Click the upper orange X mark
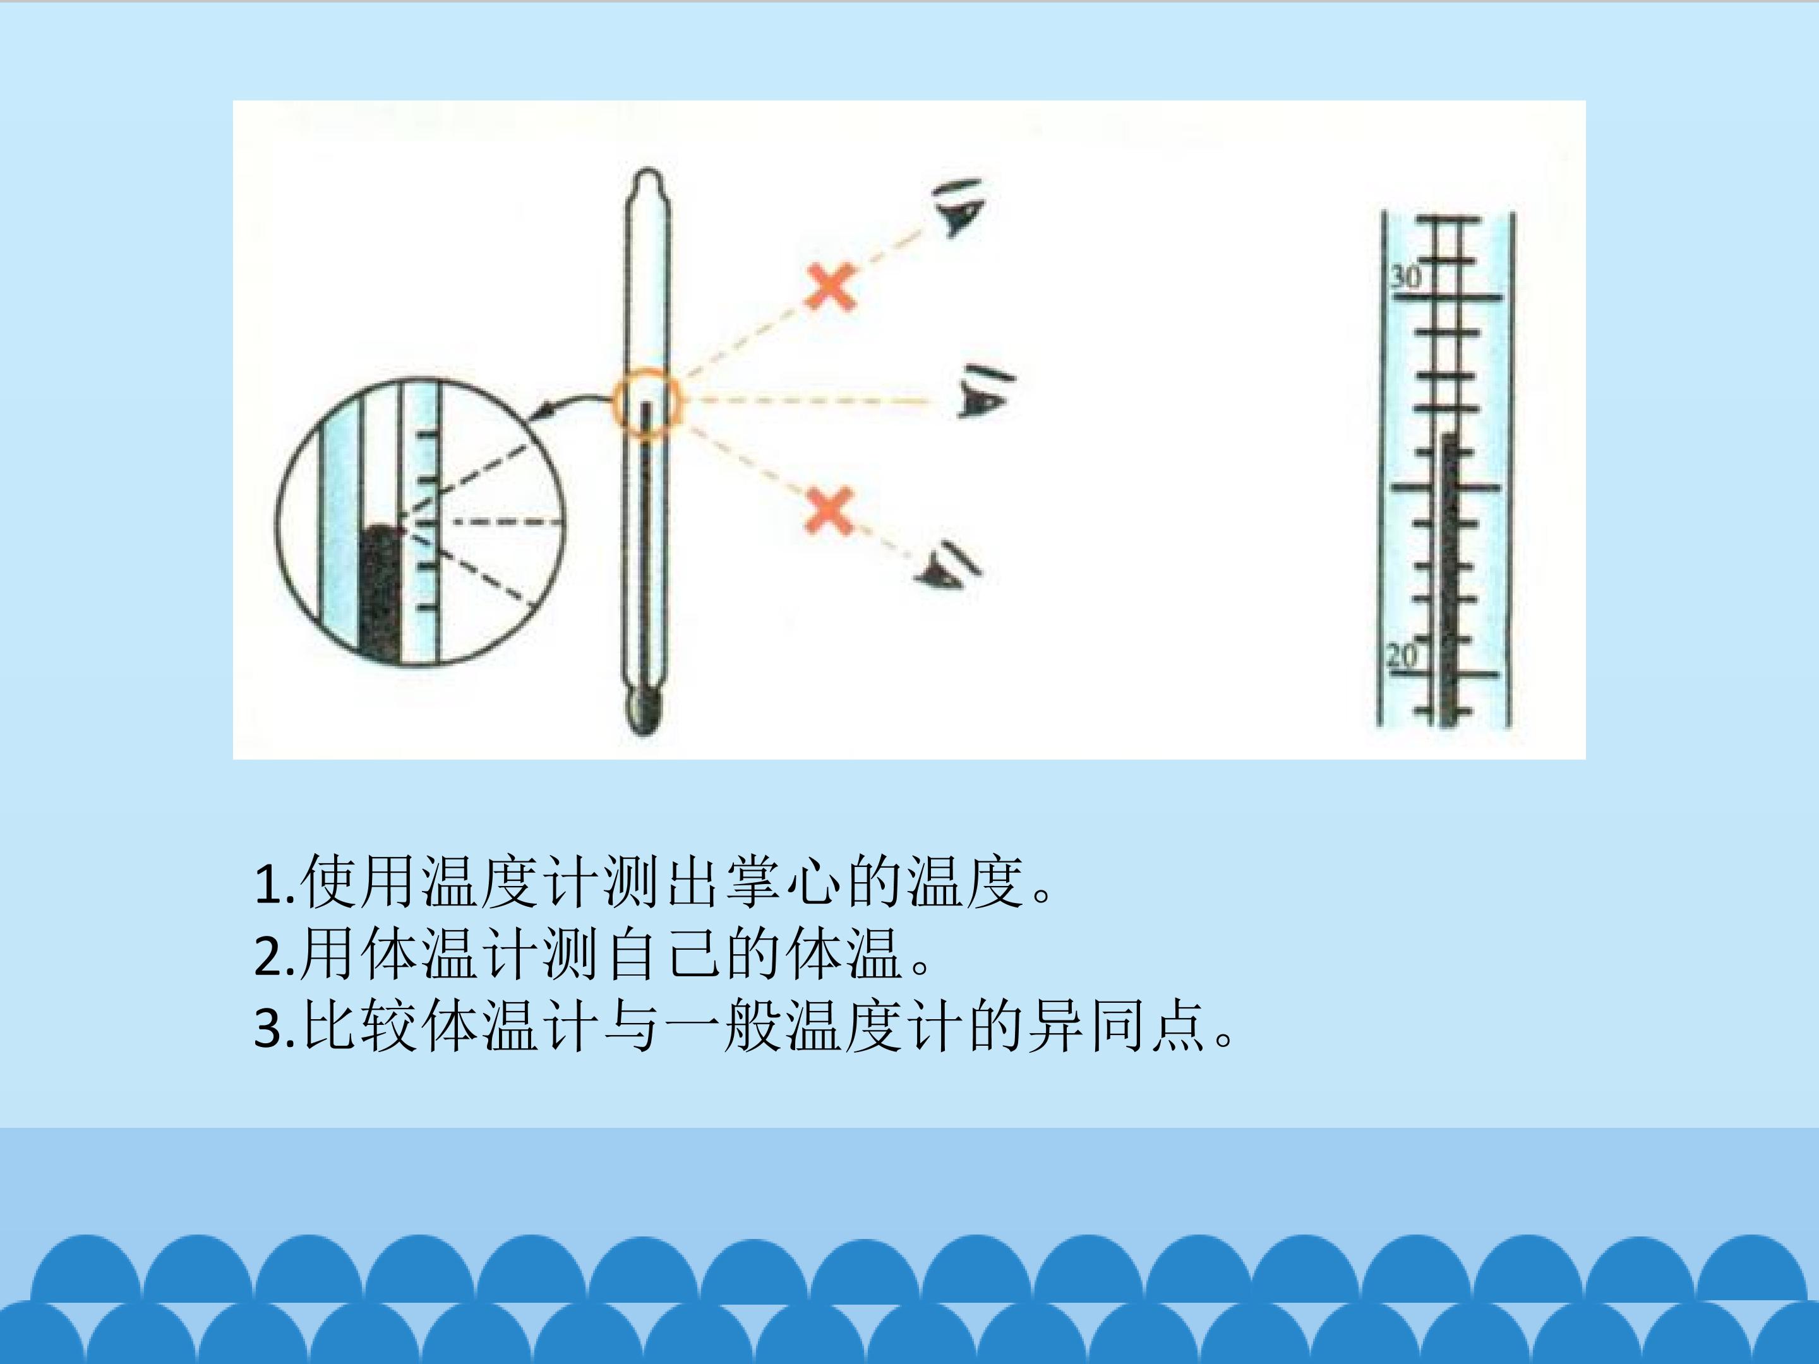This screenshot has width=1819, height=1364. [x=831, y=288]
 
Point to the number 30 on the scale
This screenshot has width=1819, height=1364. [x=1405, y=277]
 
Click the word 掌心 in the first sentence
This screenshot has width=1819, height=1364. [x=785, y=882]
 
